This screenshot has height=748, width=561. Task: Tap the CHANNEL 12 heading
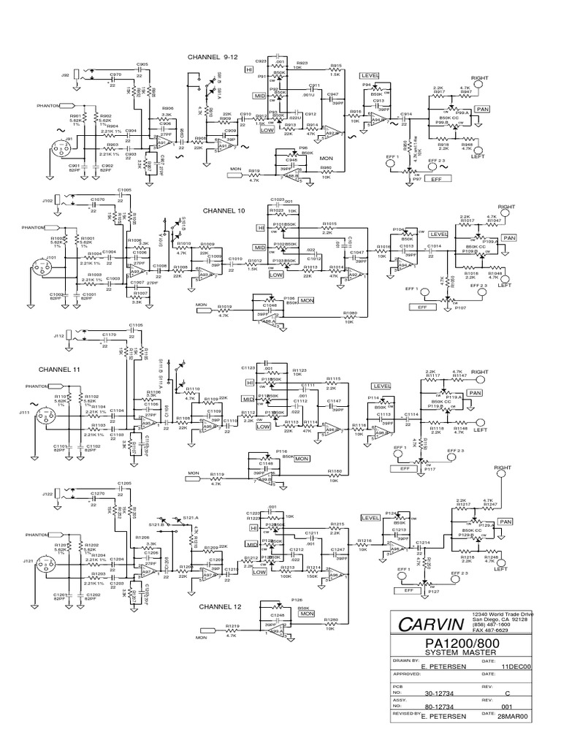coord(224,606)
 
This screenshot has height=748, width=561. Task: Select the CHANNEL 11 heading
coord(60,370)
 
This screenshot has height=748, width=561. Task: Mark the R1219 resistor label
coord(232,626)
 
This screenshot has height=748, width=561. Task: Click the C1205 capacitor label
coord(123,484)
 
